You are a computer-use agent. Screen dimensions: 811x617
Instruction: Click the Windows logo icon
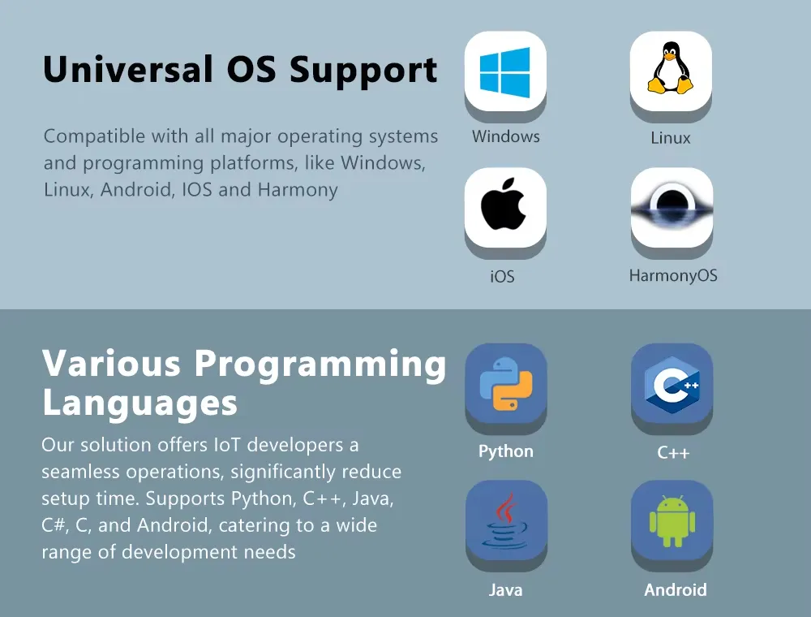pyautogui.click(x=504, y=72)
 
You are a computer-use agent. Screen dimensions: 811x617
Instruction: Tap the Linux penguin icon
pyautogui.click(x=671, y=68)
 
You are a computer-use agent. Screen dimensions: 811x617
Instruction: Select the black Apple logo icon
pyautogui.click(x=504, y=205)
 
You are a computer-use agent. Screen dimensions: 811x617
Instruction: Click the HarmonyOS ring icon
pyautogui.click(x=672, y=207)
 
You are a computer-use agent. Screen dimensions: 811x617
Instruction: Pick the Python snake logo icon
pyautogui.click(x=506, y=383)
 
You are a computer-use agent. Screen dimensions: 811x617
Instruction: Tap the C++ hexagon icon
pyautogui.click(x=672, y=385)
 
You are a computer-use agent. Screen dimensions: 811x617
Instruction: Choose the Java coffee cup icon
pyautogui.click(x=504, y=520)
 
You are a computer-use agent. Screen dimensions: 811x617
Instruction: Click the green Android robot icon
pyautogui.click(x=672, y=520)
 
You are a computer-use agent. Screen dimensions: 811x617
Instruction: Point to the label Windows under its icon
pyautogui.click(x=505, y=136)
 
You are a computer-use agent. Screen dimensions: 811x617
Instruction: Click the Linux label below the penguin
pyautogui.click(x=671, y=138)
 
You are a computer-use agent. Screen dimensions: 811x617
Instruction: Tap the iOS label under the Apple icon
pyautogui.click(x=502, y=276)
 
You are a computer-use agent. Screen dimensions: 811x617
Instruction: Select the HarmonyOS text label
pyautogui.click(x=673, y=275)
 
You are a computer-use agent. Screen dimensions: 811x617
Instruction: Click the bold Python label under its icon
pyautogui.click(x=505, y=451)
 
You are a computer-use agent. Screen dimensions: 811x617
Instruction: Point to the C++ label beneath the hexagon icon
pyautogui.click(x=673, y=452)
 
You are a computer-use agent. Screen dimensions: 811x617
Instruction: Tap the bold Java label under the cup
pyautogui.click(x=505, y=589)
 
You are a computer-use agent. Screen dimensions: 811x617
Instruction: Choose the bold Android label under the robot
pyautogui.click(x=675, y=589)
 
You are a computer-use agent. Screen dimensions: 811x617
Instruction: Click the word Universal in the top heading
pyautogui.click(x=128, y=69)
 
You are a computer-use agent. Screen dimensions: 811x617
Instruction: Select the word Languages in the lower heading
pyautogui.click(x=139, y=403)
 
